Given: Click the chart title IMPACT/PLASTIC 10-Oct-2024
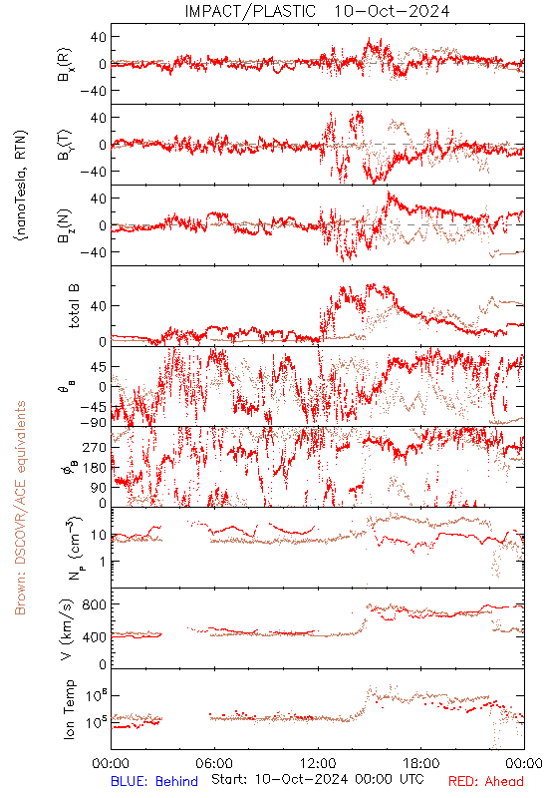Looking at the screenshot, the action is click(x=317, y=11).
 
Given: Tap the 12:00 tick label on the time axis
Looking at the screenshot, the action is click(x=318, y=763).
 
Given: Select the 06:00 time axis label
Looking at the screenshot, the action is click(x=214, y=763).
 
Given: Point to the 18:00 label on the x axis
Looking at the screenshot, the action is click(x=421, y=763).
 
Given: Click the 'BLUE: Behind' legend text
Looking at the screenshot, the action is click(x=154, y=781).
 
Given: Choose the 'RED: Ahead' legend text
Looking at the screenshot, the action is click(x=486, y=781).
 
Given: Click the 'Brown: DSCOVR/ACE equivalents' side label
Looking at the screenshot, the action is click(x=20, y=508).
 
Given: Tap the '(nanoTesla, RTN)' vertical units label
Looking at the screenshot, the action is click(x=21, y=186).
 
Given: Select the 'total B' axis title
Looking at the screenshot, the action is click(x=73, y=306).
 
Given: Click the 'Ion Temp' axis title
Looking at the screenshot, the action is click(x=69, y=709).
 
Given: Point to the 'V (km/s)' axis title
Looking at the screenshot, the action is click(x=67, y=629).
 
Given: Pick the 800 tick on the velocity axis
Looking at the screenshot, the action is click(x=95, y=604).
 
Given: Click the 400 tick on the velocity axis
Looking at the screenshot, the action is click(x=95, y=636).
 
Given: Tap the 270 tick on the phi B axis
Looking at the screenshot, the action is click(x=95, y=447).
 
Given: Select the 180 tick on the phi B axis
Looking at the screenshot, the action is click(x=95, y=468).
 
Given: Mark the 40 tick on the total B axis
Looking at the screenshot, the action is click(x=99, y=306).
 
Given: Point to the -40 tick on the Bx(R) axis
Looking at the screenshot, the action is click(x=94, y=91).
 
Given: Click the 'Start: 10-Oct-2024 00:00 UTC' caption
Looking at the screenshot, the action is click(x=317, y=779).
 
